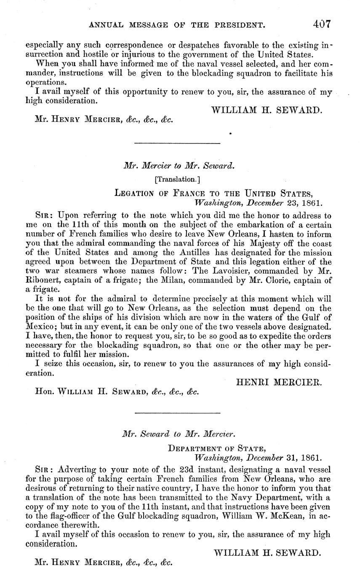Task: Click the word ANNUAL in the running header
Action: [x=107, y=26]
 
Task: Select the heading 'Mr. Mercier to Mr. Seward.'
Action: [x=179, y=166]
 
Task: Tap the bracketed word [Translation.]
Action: [x=177, y=179]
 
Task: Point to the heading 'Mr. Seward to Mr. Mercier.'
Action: [x=179, y=434]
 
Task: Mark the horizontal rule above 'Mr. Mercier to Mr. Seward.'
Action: [x=177, y=144]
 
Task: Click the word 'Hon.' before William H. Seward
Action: [x=45, y=391]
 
